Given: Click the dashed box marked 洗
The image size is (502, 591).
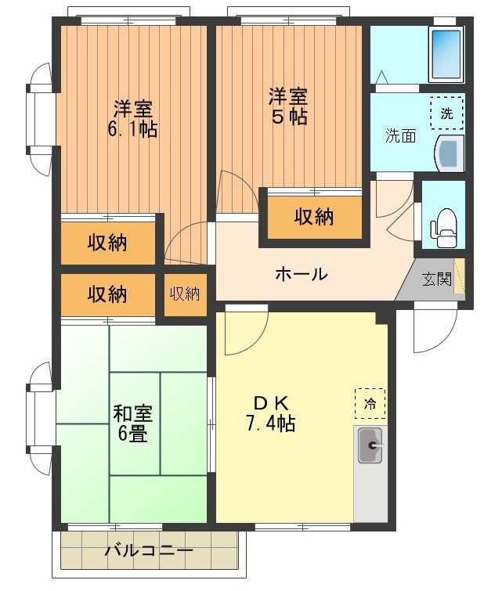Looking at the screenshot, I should tap(446, 113).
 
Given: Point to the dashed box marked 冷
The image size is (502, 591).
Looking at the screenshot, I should tap(370, 404).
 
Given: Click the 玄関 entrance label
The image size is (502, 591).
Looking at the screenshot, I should tap(437, 279).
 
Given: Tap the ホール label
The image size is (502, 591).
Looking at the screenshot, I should tap(301, 275).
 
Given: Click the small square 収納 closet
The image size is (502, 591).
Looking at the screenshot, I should tap(185, 294).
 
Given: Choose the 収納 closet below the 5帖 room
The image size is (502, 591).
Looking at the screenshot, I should tap(314, 217).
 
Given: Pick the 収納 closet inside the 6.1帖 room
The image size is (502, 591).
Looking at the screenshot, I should tap(107, 243).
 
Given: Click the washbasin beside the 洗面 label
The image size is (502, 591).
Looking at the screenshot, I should tap(450, 152).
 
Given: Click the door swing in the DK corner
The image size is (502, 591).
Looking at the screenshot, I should tap(240, 329).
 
